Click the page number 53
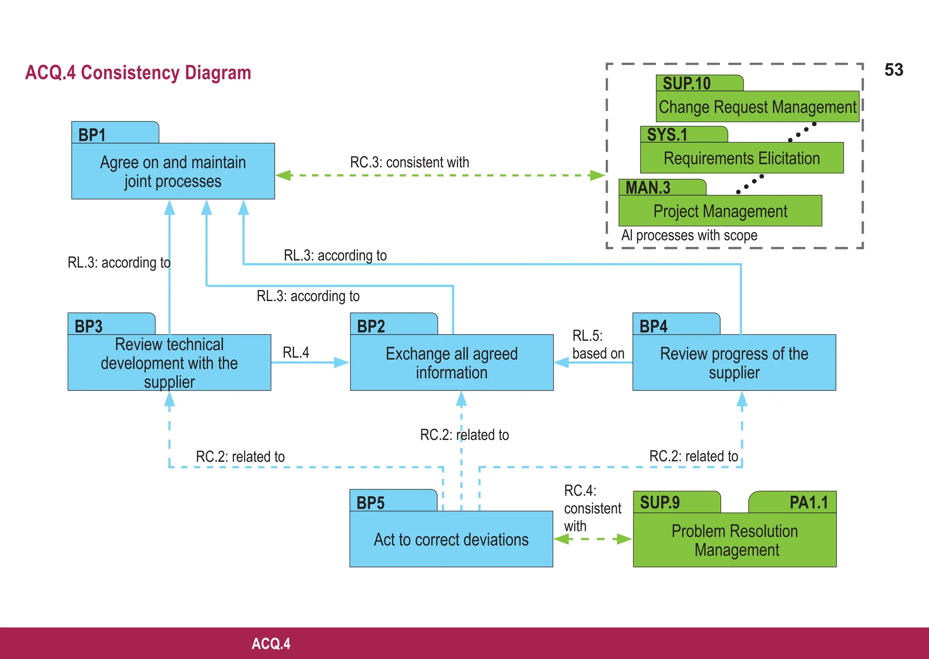894,70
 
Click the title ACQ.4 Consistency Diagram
138,73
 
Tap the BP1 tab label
93,135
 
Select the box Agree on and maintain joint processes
173,171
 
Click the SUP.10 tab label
686,83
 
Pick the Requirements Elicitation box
741,158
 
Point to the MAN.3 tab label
648,187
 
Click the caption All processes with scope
689,235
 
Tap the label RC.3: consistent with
409,162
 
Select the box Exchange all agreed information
451,362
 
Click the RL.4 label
296,352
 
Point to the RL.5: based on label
598,345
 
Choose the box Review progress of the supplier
733,362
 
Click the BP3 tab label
89,326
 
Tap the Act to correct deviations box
451,539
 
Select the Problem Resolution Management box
734,540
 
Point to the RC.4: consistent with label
592,508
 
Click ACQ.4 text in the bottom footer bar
271,644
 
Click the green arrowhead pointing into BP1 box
284,176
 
